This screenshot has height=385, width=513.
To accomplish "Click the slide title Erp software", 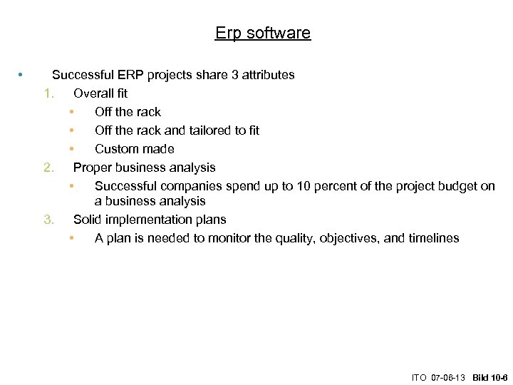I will point(262,33).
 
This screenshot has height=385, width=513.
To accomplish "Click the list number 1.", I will point(48,93).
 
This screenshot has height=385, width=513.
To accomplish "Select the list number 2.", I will point(48,168).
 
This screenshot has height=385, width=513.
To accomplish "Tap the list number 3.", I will point(48,220).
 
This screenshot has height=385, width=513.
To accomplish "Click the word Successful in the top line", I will point(81,75).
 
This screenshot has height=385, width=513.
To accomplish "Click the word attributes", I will point(269,75).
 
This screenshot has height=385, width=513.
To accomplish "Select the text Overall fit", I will point(100,93).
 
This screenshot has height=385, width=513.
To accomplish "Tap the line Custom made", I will point(134,149).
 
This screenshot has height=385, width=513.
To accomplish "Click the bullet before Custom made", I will point(72,149).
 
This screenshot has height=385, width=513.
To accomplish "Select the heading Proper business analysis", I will point(144,168).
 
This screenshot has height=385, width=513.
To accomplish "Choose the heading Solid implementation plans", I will point(150,220).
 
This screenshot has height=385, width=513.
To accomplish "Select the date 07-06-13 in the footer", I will point(449,376).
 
